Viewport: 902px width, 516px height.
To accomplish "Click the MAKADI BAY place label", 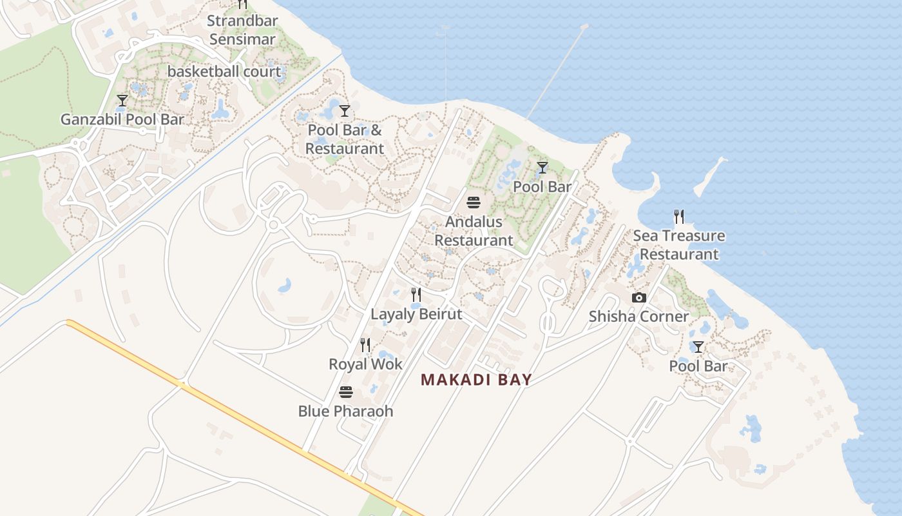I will [476, 380].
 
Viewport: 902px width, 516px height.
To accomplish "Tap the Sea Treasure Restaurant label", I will [678, 245].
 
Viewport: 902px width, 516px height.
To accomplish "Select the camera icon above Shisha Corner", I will [639, 297].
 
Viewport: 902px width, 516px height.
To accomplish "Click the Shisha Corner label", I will [639, 317].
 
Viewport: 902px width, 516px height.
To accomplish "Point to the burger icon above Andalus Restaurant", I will [474, 203].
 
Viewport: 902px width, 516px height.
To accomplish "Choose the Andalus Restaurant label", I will [474, 231].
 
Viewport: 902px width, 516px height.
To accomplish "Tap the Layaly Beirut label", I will [416, 314].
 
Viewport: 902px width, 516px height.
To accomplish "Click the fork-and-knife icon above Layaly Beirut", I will [416, 295].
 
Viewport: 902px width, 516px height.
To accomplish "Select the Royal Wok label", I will [365, 364].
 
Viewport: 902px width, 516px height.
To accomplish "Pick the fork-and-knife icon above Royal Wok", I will [365, 345].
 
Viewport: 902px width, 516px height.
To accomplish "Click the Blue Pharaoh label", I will [345, 411].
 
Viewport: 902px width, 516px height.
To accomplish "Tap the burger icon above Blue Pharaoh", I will [346, 392].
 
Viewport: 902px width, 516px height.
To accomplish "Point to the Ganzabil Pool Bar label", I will [122, 119].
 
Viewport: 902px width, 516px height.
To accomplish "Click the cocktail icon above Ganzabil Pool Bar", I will [122, 101].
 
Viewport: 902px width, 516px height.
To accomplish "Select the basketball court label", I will [224, 72].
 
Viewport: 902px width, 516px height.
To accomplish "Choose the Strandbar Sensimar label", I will [242, 30].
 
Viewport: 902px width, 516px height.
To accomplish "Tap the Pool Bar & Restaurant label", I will [345, 139].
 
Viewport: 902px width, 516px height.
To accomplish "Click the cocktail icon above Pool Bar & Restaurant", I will [345, 111].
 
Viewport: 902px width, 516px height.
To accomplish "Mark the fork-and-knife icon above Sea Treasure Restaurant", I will [678, 216].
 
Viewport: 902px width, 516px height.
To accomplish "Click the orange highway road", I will [245, 419].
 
